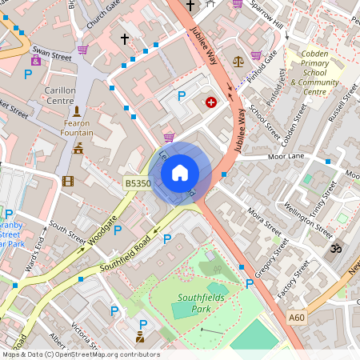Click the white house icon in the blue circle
click(180, 172)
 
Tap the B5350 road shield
click(138, 183)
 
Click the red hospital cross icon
click(211, 102)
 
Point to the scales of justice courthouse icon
click(237, 61)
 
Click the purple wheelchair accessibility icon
click(35, 60)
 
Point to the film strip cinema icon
click(67, 181)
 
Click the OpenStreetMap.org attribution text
click(104, 354)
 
